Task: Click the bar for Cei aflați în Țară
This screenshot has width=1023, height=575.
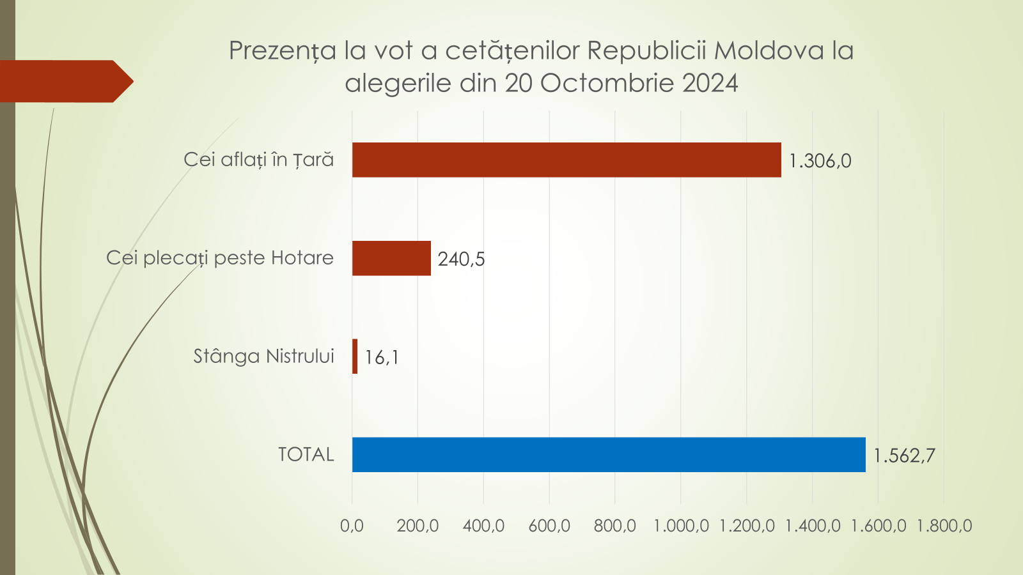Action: [x=566, y=160]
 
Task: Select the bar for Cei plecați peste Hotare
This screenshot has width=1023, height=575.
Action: [x=391, y=258]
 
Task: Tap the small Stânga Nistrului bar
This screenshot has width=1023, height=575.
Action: [x=355, y=356]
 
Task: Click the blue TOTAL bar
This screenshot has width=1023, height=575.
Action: [x=609, y=455]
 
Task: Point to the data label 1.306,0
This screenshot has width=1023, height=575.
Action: [x=820, y=161]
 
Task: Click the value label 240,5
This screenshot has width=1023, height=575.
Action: [x=461, y=259]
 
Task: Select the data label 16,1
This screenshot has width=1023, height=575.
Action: [x=382, y=357]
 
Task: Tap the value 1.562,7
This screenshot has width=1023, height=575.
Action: [x=904, y=456]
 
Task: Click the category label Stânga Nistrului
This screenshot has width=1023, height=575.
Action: [x=263, y=356]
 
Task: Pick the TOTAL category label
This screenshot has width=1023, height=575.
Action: [x=306, y=455]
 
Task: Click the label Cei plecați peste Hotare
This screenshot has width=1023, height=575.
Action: [x=220, y=258]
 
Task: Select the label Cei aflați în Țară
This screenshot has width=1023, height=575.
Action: [x=258, y=160]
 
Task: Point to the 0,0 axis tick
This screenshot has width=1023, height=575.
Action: [x=352, y=526]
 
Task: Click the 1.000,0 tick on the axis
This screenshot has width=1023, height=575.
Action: [x=681, y=526]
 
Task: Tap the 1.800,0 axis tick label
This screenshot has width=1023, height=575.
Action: [x=944, y=526]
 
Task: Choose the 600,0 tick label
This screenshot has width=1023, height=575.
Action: [x=549, y=526]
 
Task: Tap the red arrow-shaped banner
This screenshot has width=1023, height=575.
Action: [x=64, y=81]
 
